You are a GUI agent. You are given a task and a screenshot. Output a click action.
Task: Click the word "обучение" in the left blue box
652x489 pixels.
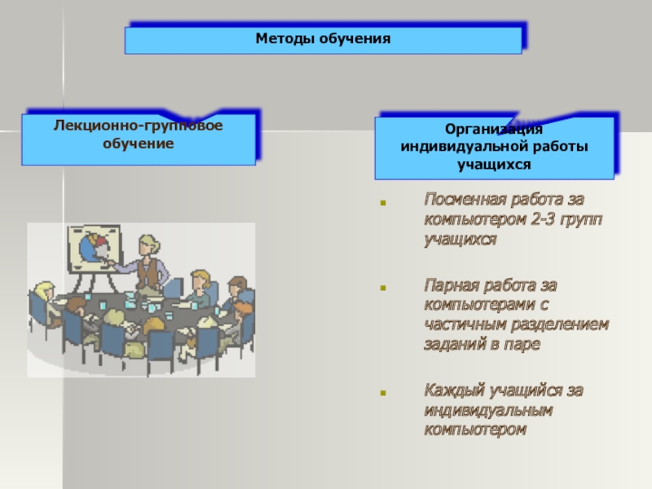138,143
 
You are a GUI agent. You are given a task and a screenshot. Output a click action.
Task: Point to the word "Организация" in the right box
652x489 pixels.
494,130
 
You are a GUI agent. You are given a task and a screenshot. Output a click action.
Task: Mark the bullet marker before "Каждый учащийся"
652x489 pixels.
383,391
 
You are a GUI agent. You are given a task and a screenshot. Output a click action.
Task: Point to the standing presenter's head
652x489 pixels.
148,242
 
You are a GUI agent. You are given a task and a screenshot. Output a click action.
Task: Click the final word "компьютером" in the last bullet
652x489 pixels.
475,429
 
